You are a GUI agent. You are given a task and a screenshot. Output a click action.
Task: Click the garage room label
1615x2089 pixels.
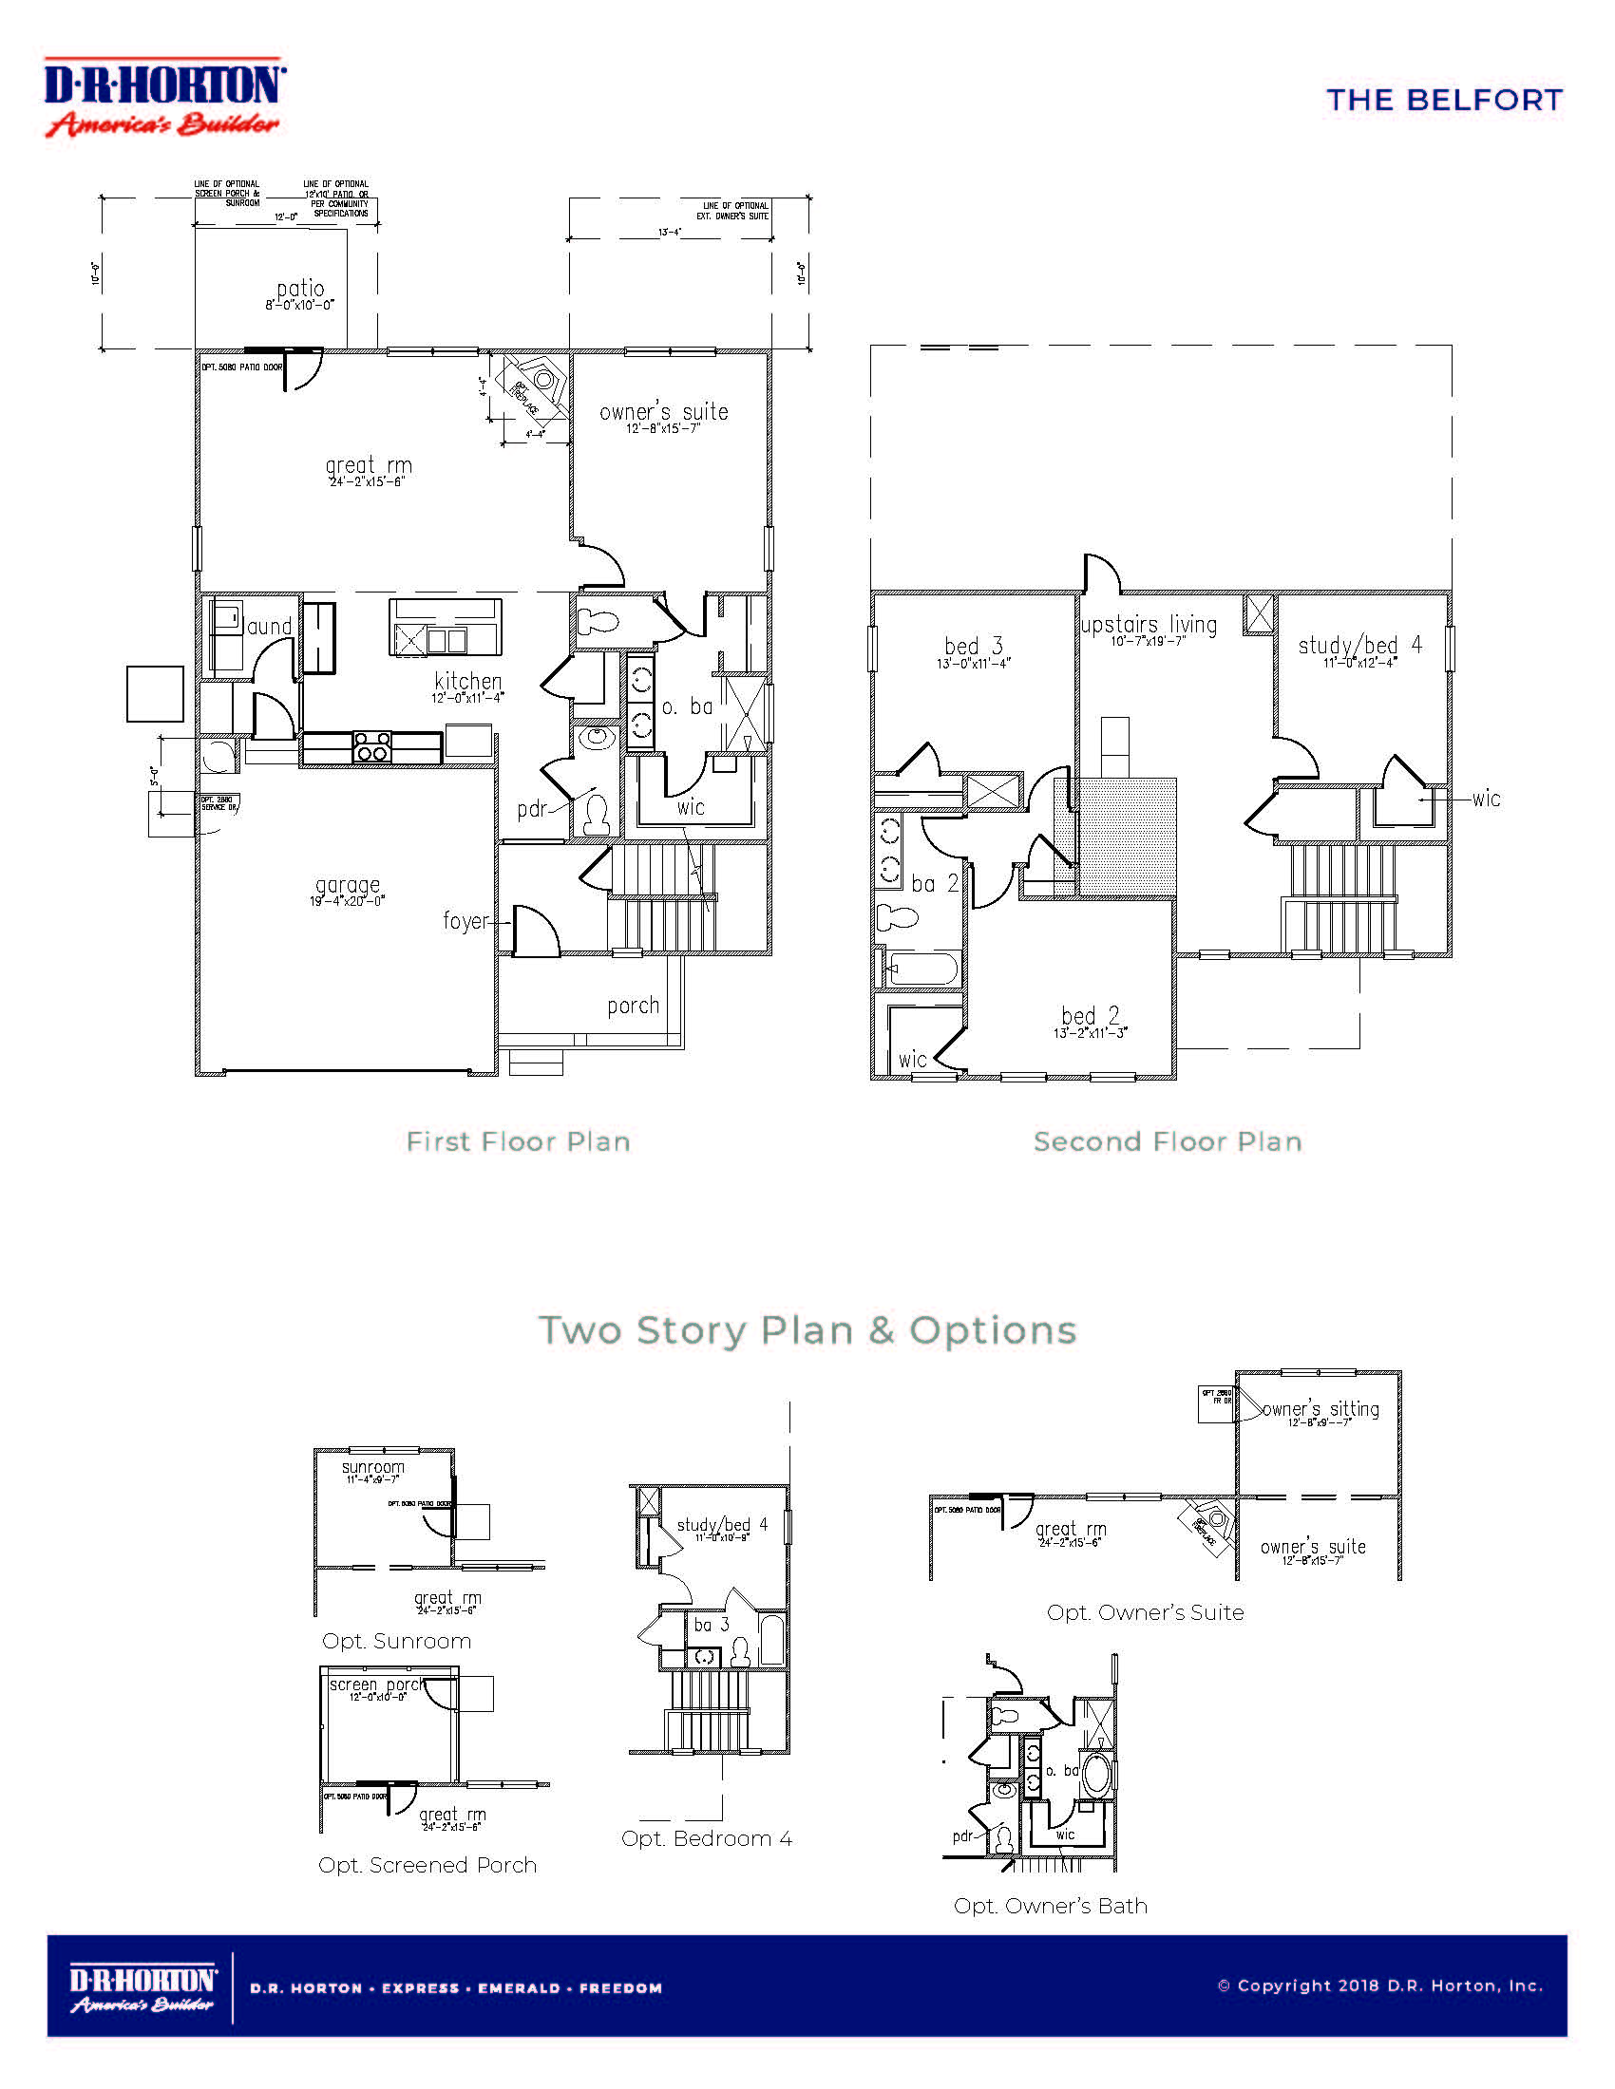348,885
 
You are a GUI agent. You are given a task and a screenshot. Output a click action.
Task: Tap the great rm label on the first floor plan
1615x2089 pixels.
369,466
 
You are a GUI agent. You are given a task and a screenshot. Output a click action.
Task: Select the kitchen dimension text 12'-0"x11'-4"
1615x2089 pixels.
466,698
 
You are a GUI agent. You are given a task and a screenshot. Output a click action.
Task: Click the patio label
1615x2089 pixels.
300,288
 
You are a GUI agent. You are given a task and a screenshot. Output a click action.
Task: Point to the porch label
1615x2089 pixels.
633,1006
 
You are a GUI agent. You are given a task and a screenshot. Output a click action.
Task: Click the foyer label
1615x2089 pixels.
465,920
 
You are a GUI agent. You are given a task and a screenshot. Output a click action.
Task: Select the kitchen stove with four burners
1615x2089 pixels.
372,746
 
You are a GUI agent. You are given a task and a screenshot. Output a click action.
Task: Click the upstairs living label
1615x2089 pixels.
1149,625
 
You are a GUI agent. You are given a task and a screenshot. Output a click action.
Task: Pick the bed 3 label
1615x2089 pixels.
973,646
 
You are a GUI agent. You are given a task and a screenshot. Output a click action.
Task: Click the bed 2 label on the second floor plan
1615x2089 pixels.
1090,1016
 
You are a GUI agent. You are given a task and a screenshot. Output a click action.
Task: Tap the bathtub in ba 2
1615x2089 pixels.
921,969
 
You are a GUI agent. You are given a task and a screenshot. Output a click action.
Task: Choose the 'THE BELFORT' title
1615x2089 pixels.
1444,101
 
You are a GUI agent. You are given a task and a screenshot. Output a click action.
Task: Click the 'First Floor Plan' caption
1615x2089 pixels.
518,1141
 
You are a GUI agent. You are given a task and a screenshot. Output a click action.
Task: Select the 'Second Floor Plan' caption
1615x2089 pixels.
1168,1141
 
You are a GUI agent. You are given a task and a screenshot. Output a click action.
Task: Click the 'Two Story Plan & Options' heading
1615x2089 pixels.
807,1329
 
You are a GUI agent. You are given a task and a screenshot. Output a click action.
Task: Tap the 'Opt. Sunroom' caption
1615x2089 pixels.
396,1641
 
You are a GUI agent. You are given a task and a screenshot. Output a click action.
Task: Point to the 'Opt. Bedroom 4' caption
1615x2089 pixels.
706,1838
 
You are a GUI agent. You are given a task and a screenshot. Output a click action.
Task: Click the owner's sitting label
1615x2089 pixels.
1320,1409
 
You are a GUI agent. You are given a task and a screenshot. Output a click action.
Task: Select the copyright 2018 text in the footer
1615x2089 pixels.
1379,1985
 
